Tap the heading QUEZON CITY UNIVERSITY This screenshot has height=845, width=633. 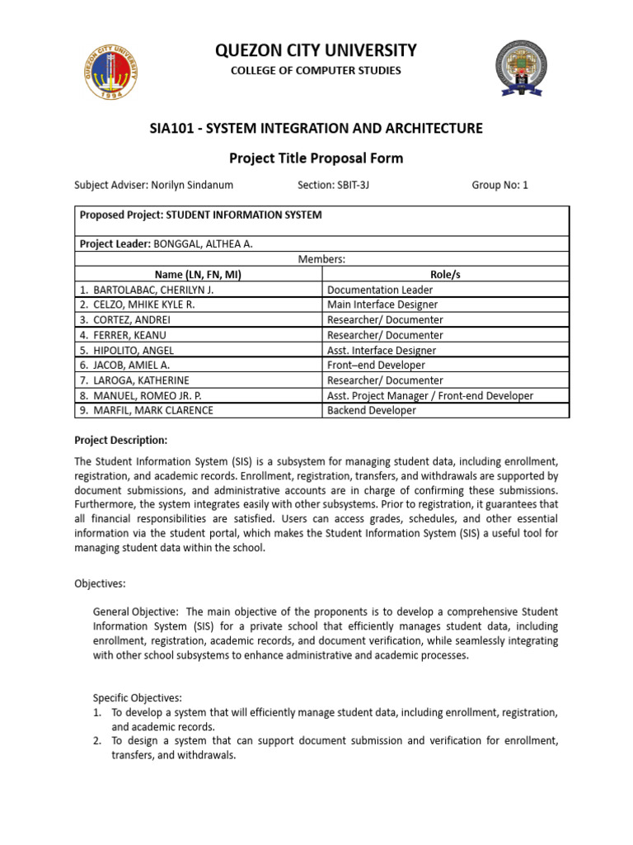316,50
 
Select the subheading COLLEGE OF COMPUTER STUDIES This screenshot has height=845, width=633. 316,71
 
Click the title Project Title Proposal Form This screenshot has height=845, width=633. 316,157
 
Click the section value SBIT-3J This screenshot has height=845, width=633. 353,186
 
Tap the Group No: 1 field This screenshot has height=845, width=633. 499,186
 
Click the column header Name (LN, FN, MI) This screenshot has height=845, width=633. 199,275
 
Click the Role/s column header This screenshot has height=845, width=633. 445,275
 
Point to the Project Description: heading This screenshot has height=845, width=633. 121,440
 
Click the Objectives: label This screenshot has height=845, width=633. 100,583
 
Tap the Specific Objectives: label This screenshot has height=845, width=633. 137,697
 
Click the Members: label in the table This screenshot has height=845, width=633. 321,259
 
